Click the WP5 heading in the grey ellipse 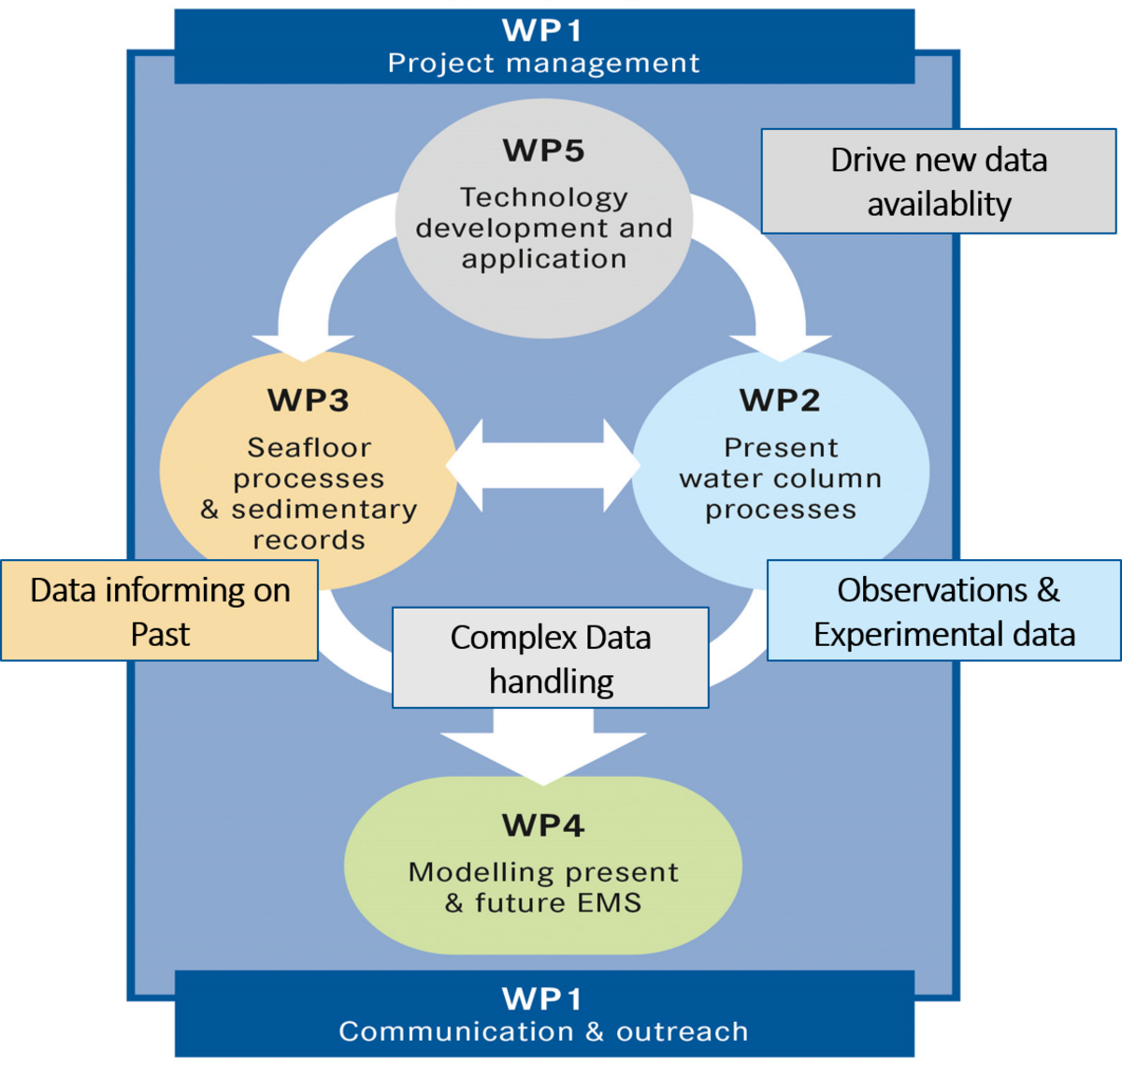543,151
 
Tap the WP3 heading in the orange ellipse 309,400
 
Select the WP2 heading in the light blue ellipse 780,400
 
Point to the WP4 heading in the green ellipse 543,826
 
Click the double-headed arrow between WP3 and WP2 543,466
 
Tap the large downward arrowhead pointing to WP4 543,754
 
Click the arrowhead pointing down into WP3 303,346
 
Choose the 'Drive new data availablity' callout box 939,181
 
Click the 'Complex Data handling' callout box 551,658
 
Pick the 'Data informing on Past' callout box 160,611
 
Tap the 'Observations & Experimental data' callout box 944,611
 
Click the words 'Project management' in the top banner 543,64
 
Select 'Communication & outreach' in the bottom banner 543,1031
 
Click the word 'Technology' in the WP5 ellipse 543,197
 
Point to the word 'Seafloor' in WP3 309,448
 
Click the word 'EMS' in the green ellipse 609,903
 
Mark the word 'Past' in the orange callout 160,635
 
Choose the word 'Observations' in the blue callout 932,590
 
